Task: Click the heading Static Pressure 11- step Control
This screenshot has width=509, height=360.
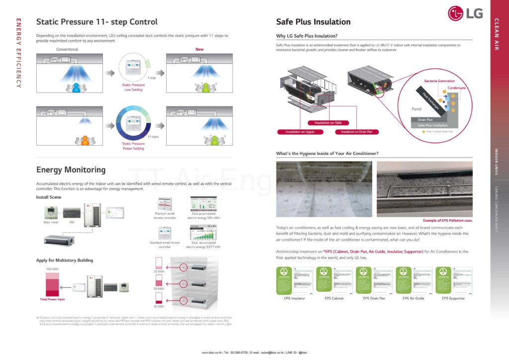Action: [97, 22]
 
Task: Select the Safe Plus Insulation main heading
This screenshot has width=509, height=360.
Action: [313, 22]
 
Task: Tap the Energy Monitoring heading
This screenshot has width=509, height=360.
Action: [71, 170]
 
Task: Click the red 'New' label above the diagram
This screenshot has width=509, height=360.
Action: [199, 49]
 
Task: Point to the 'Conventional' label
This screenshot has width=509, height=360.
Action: [67, 49]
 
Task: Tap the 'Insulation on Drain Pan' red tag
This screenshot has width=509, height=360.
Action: [356, 132]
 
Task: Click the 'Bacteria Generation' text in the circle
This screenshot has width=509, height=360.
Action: [439, 81]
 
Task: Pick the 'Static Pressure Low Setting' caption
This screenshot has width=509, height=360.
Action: [133, 87]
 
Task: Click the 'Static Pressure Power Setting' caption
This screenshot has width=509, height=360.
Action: [133, 146]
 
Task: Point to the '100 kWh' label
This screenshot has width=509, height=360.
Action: [52, 269]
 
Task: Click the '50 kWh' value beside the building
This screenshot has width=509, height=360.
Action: [159, 288]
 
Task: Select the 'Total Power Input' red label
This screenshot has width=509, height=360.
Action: [52, 299]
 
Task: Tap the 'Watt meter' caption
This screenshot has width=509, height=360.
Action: [51, 222]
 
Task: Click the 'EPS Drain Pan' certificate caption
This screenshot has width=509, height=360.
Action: [374, 298]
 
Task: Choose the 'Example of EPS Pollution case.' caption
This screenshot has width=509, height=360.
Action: [447, 220]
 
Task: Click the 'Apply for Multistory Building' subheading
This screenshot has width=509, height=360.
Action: [64, 260]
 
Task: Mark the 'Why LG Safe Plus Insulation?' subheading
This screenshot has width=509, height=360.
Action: [307, 36]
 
